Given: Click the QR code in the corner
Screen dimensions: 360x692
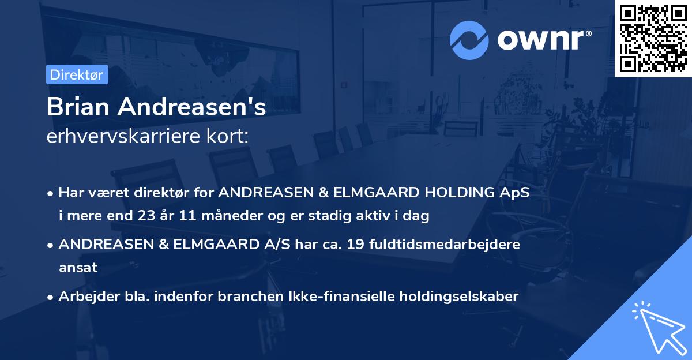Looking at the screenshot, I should click(653, 38).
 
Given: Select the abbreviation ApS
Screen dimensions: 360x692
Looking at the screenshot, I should click(516, 192).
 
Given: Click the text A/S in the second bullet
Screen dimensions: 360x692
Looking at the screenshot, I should click(276, 244).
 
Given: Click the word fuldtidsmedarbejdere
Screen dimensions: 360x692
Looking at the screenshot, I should click(449, 244).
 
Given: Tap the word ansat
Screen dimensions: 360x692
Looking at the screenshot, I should click(78, 268).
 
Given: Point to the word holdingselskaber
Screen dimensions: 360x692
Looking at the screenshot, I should click(462, 296).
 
